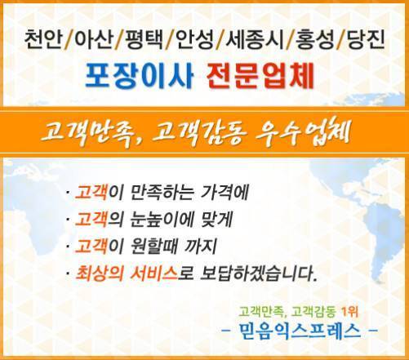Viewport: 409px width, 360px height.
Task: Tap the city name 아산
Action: pos(93,40)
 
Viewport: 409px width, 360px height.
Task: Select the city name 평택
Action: pos(144,40)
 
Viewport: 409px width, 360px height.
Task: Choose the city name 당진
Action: pos(366,40)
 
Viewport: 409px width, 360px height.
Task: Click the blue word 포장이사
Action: pos(139,76)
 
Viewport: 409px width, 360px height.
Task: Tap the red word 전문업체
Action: pos(260,76)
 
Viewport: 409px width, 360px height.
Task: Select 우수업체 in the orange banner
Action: pos(303,132)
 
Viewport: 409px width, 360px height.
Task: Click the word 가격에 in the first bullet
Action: pos(225,193)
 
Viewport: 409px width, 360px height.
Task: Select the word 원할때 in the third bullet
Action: pos(153,246)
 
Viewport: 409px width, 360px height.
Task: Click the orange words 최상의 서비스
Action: pos(127,273)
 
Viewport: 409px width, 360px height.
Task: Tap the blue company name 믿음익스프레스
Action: pos(300,331)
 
